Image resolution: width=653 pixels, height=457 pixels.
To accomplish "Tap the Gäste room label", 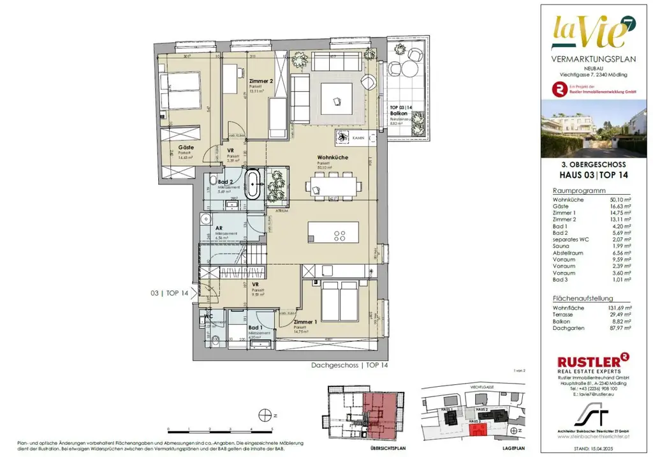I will click(186, 147).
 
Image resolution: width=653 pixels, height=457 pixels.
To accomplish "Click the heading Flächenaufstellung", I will click(583, 298).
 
